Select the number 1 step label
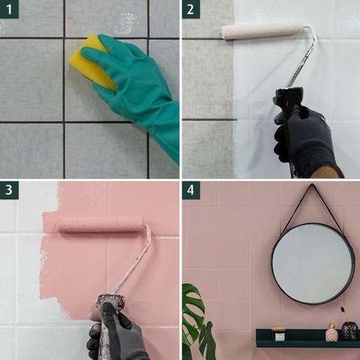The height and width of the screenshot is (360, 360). [x=9, y=9]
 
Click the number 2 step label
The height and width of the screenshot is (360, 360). [x=190, y=9]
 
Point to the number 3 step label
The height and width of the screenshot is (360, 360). [x=9, y=190]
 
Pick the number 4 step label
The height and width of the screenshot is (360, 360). [x=190, y=190]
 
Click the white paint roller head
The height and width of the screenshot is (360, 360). [x=262, y=31]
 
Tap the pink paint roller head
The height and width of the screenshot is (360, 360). [x=101, y=225]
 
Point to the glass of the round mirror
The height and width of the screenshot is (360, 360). [x=313, y=264]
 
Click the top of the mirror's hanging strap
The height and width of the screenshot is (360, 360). [x=311, y=184]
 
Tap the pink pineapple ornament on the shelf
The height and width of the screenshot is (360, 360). [x=332, y=332]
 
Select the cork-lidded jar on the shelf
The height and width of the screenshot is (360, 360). [x=278, y=334]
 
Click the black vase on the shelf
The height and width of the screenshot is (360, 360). [x=350, y=331]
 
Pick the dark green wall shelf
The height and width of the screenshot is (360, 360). [x=308, y=338]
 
